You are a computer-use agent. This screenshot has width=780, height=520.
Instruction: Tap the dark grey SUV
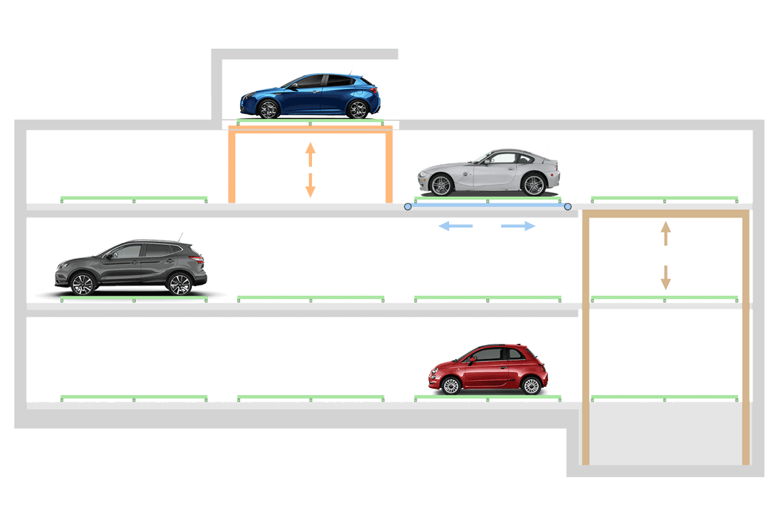pos(130,266)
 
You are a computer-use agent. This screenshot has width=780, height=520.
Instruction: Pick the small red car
pos(487,369)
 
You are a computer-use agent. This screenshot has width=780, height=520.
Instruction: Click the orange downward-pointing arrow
pos(311,186)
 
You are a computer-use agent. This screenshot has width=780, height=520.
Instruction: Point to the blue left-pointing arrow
pos(454,226)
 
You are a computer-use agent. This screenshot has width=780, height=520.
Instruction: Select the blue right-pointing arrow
pos(519,226)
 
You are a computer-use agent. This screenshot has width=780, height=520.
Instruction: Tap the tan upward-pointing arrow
pos(665,233)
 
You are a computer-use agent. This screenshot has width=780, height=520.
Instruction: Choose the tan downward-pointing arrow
pos(665,278)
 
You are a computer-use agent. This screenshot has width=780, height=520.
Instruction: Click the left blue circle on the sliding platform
pos(408,207)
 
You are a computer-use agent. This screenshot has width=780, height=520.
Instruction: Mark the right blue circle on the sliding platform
pos(567,207)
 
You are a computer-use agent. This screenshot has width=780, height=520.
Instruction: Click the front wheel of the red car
pos(450,385)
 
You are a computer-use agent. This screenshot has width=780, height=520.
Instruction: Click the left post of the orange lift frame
pos(231,168)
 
